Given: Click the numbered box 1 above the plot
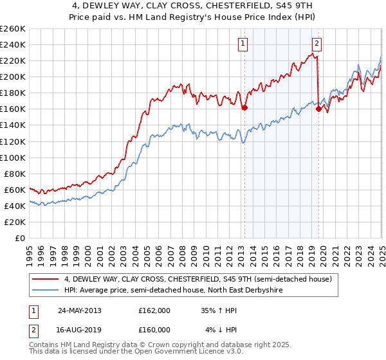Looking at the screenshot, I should [244, 44].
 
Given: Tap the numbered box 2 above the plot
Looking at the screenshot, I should [318, 44].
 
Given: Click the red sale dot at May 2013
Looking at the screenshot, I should [244, 108].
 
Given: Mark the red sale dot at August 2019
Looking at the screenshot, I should [318, 109].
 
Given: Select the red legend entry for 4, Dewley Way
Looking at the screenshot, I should [198, 279].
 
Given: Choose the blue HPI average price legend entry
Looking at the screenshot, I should [173, 291].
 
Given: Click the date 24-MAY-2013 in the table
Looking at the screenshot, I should [80, 310].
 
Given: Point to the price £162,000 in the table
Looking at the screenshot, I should [154, 310].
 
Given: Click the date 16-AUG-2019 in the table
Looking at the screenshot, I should [80, 330].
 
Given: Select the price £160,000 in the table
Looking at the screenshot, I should [154, 330].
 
